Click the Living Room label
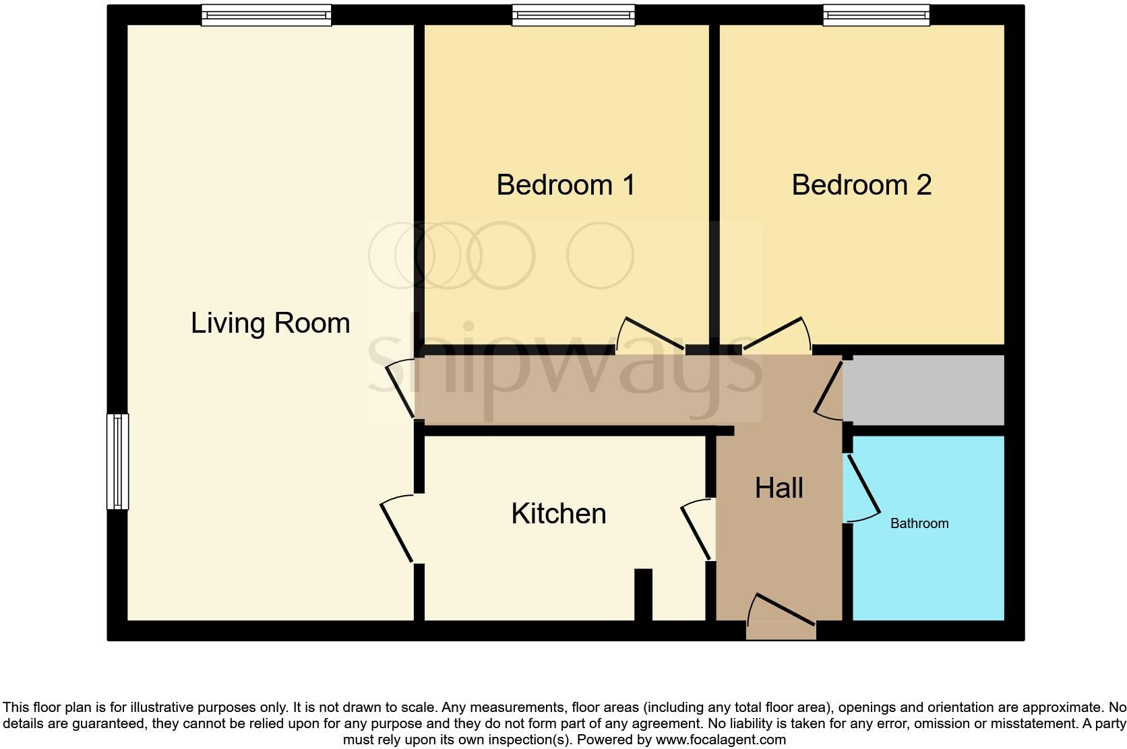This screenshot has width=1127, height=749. point(270,323)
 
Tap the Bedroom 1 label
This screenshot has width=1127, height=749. point(566,185)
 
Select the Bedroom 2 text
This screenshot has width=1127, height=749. point(861,185)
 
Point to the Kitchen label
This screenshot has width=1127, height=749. point(558,514)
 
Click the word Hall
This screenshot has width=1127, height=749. point(779,488)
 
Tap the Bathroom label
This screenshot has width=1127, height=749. point(919,523)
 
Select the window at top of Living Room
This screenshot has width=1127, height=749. point(266,15)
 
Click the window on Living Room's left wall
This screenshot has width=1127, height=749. point(117,461)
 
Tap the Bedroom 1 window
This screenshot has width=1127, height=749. point(573,15)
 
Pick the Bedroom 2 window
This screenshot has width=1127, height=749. point(876,15)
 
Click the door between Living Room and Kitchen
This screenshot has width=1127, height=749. point(396,530)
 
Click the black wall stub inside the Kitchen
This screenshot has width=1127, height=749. point(643,594)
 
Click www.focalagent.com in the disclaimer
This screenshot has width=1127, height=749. point(720,740)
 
